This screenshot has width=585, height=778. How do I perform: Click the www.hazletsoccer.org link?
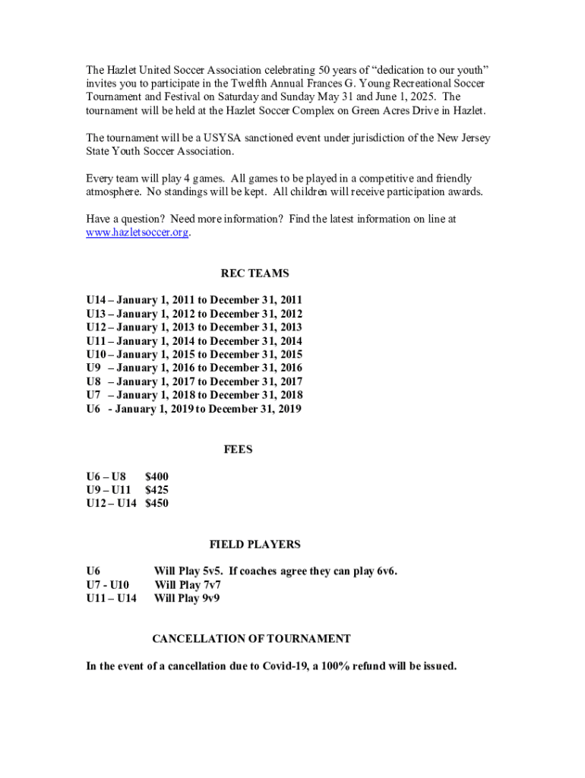point(137,232)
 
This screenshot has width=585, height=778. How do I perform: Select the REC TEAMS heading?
point(255,274)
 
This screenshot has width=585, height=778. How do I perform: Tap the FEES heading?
point(238,449)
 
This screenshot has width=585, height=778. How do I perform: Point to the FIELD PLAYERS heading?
point(255,544)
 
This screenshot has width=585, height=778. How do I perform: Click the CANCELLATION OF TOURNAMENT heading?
point(251,639)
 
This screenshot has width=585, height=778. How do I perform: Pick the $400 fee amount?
point(157,476)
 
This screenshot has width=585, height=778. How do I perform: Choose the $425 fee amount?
point(157,490)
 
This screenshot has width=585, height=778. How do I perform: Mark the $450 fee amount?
point(157,503)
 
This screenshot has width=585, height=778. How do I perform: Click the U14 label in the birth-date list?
point(96,300)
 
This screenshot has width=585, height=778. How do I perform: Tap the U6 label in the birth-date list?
point(93,410)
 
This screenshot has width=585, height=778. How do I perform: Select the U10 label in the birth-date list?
point(96,355)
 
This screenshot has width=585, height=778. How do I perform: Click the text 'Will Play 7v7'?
point(188,585)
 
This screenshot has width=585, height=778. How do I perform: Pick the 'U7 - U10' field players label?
point(108,585)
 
